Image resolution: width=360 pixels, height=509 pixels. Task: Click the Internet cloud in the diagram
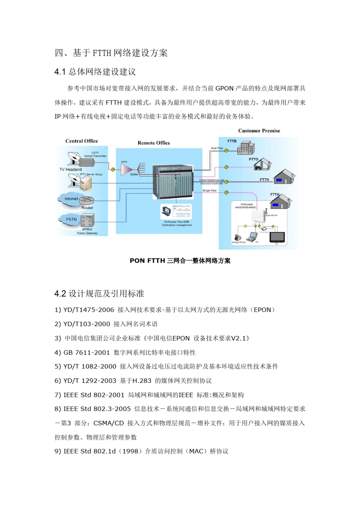click(70, 199)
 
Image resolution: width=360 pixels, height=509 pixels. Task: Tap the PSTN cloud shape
click(70, 219)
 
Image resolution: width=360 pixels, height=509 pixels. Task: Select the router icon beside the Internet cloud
click(87, 200)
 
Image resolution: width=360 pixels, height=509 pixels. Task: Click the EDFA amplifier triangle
click(126, 170)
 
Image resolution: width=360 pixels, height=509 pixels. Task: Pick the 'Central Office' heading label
click(81, 141)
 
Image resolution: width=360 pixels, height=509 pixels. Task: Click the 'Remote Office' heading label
click(154, 143)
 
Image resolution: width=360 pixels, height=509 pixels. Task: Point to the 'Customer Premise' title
click(259, 131)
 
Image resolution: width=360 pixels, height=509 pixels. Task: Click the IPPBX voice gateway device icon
click(87, 220)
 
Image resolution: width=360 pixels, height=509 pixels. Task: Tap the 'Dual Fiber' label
click(217, 148)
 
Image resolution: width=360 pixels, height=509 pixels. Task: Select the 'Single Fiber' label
click(210, 190)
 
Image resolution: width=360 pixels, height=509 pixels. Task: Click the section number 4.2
click(60, 294)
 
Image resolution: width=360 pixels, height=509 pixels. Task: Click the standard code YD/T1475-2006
click(89, 310)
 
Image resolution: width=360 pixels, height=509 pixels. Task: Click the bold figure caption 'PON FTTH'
click(147, 261)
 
